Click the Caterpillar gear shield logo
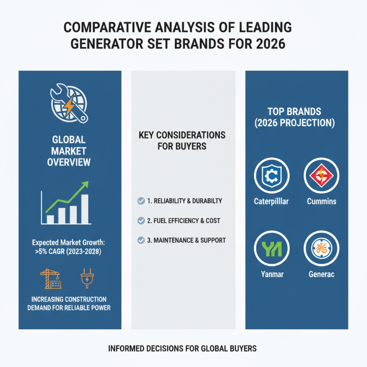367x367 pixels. [272, 175]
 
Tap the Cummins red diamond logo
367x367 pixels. [322, 175]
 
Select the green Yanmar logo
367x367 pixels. [272, 248]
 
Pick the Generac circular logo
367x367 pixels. [322, 248]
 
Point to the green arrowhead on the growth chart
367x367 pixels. [85, 184]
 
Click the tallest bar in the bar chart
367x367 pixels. [85, 209]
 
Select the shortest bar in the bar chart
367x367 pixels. [50, 220]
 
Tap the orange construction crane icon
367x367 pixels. [51, 278]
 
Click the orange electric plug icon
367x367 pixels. [87, 278]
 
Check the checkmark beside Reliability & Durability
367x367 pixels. [141, 201]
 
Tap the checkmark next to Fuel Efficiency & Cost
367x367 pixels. [141, 221]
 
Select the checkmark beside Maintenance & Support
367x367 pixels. [141, 240]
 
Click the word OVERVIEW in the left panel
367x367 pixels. [69, 162]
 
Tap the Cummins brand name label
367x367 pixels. [322, 201]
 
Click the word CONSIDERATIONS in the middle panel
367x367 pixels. [191, 135]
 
